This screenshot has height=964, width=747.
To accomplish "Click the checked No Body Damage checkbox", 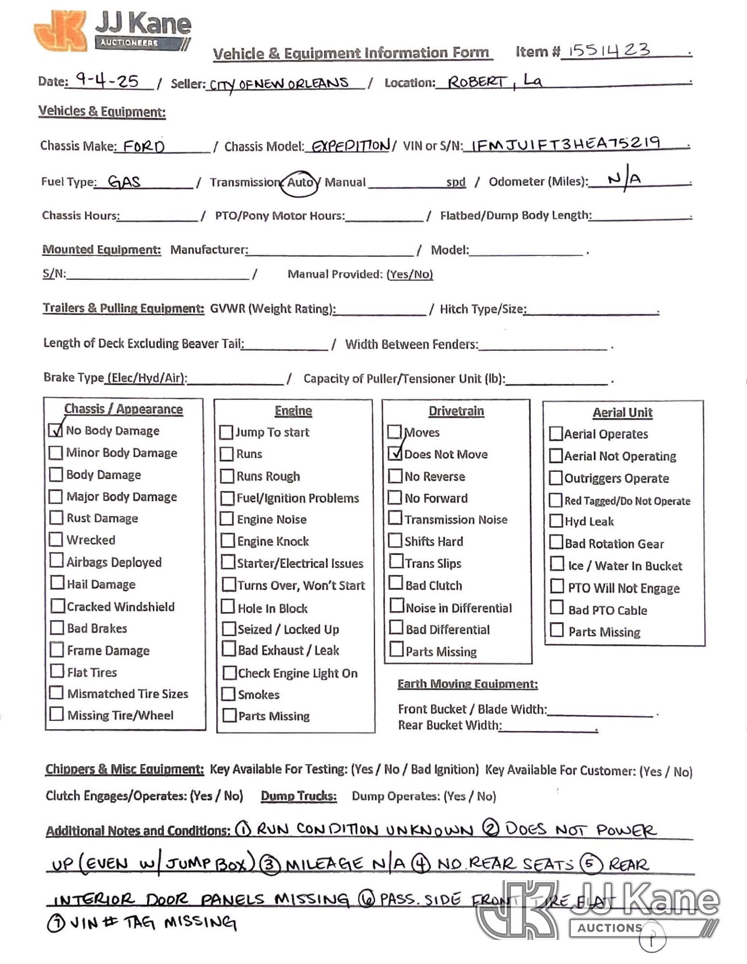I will click(56, 430).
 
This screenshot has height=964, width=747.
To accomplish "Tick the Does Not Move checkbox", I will click(395, 454).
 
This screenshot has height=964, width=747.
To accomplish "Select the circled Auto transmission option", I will click(300, 183).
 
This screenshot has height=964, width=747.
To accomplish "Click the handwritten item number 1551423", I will click(609, 50).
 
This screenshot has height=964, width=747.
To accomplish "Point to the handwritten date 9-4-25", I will click(107, 80).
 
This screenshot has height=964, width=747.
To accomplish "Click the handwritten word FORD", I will click(144, 146).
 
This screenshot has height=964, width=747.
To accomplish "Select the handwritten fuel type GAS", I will click(124, 182).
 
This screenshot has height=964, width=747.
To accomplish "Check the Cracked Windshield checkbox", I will click(58, 606).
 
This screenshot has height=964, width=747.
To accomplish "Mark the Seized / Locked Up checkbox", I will click(228, 629).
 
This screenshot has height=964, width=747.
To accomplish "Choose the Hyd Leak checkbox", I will click(556, 521).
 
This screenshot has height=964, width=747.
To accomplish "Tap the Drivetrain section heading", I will click(456, 411).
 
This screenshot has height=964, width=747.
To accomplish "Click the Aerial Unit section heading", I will click(622, 413).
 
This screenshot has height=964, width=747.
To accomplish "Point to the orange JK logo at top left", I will click(60, 30).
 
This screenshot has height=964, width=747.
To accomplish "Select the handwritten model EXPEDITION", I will click(350, 146).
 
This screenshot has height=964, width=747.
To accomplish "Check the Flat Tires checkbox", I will click(57, 671).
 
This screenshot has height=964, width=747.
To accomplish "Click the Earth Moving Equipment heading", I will click(467, 684).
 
